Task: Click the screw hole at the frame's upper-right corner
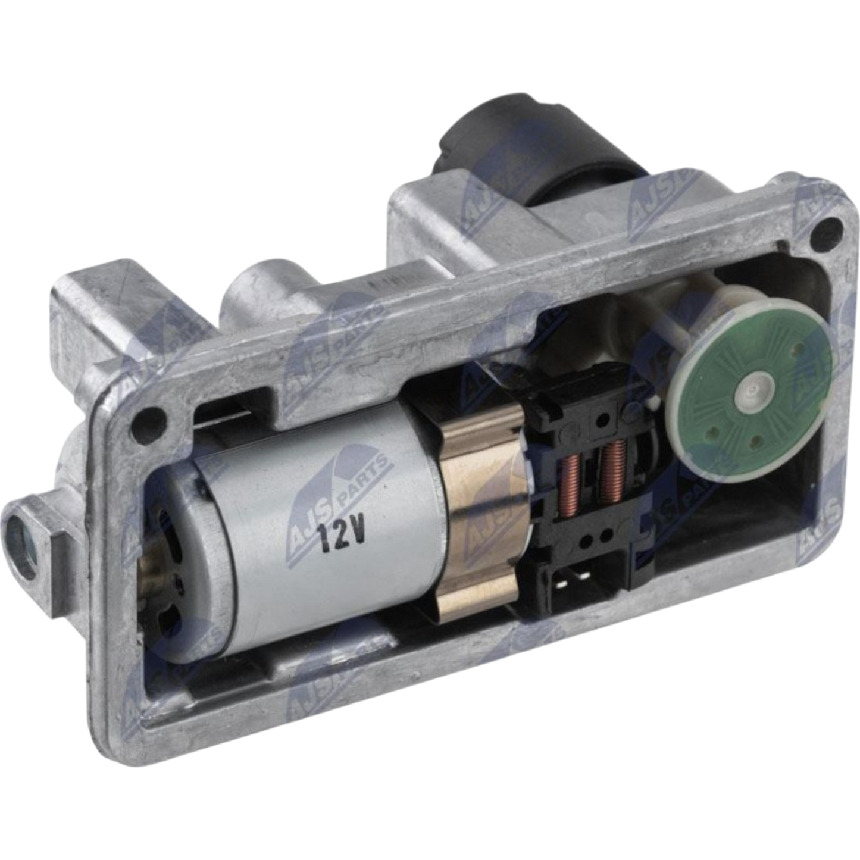tap(830, 228)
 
